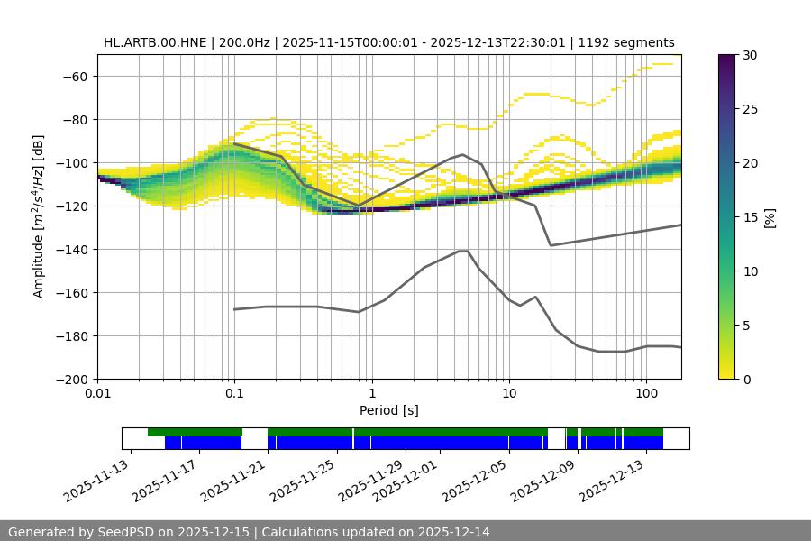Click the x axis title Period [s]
click(x=389, y=410)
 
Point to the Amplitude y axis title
click(x=39, y=217)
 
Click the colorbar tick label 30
click(x=750, y=55)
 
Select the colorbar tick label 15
click(x=750, y=217)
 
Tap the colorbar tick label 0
click(x=746, y=380)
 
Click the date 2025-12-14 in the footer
click(x=454, y=532)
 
